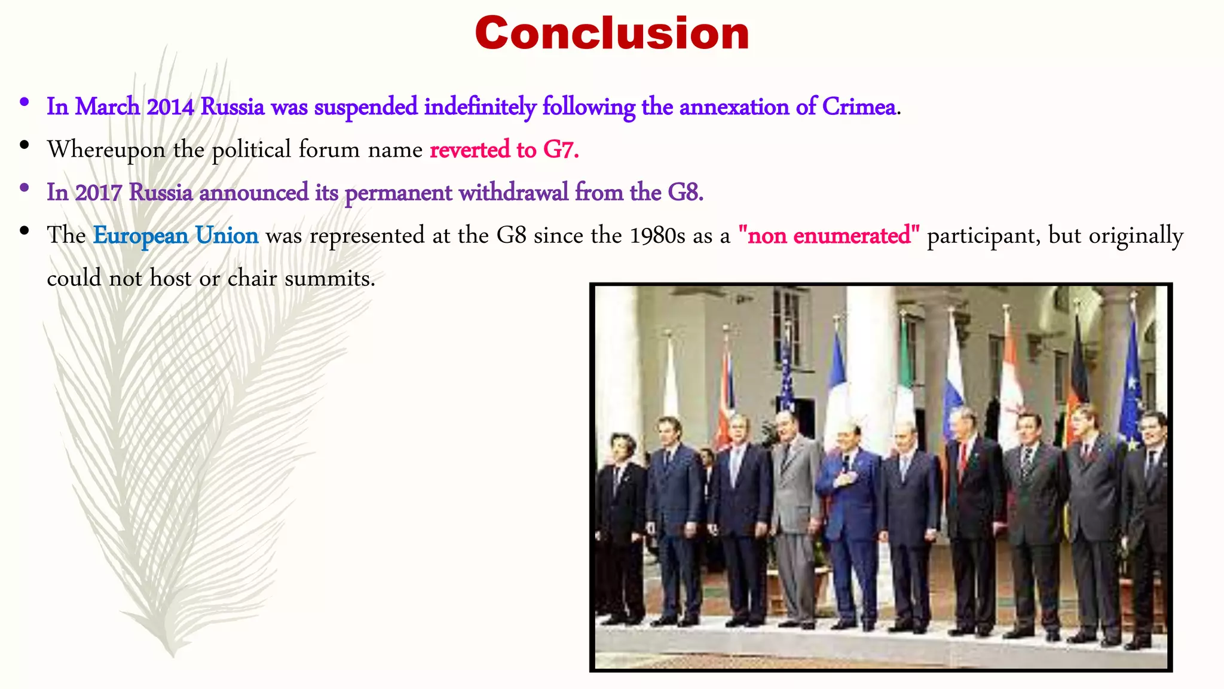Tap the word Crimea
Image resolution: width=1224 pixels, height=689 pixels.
[x=859, y=107]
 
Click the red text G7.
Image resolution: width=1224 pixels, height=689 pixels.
[x=561, y=150]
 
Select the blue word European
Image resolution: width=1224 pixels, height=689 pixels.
[x=140, y=236]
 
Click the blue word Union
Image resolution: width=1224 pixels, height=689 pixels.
[x=227, y=236]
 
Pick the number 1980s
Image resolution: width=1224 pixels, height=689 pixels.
[x=657, y=236]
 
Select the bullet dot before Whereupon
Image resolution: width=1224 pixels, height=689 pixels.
[x=24, y=145]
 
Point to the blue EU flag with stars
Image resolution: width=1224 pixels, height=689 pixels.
[x=1131, y=389]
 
